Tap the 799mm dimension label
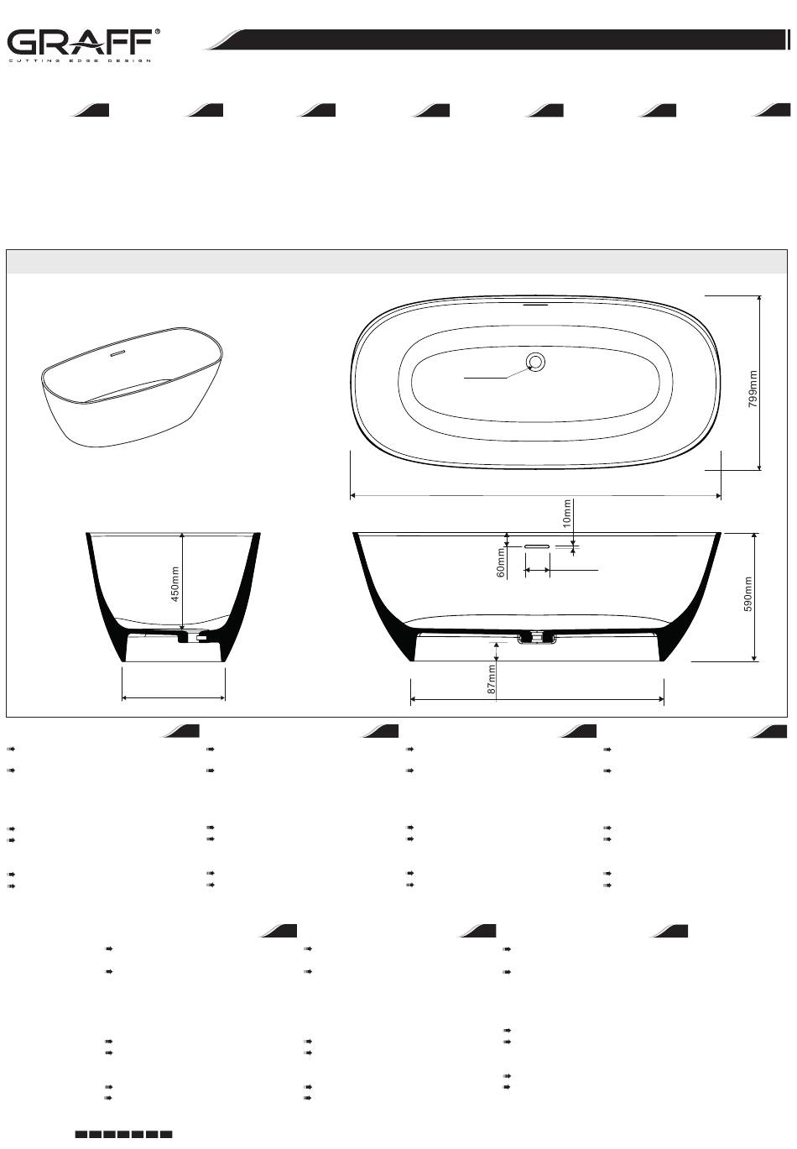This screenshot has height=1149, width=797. click(753, 389)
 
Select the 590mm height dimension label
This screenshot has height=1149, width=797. click(748, 594)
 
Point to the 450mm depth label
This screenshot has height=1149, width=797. click(175, 584)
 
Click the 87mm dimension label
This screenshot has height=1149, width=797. click(492, 680)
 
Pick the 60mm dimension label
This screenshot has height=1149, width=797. click(501, 562)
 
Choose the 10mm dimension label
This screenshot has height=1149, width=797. click(566, 514)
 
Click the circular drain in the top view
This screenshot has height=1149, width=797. click(535, 363)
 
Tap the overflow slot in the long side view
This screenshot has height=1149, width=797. click(537, 546)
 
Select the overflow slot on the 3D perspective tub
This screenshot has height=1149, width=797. click(118, 353)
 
